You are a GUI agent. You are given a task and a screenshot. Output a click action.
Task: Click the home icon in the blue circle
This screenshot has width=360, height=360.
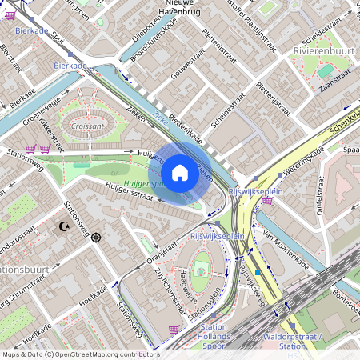[x=180, y=173]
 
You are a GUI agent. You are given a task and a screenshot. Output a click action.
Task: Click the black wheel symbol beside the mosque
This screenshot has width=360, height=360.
[x=97, y=236]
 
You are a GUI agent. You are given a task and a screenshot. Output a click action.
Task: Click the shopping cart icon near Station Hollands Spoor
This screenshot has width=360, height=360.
[x=174, y=329]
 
